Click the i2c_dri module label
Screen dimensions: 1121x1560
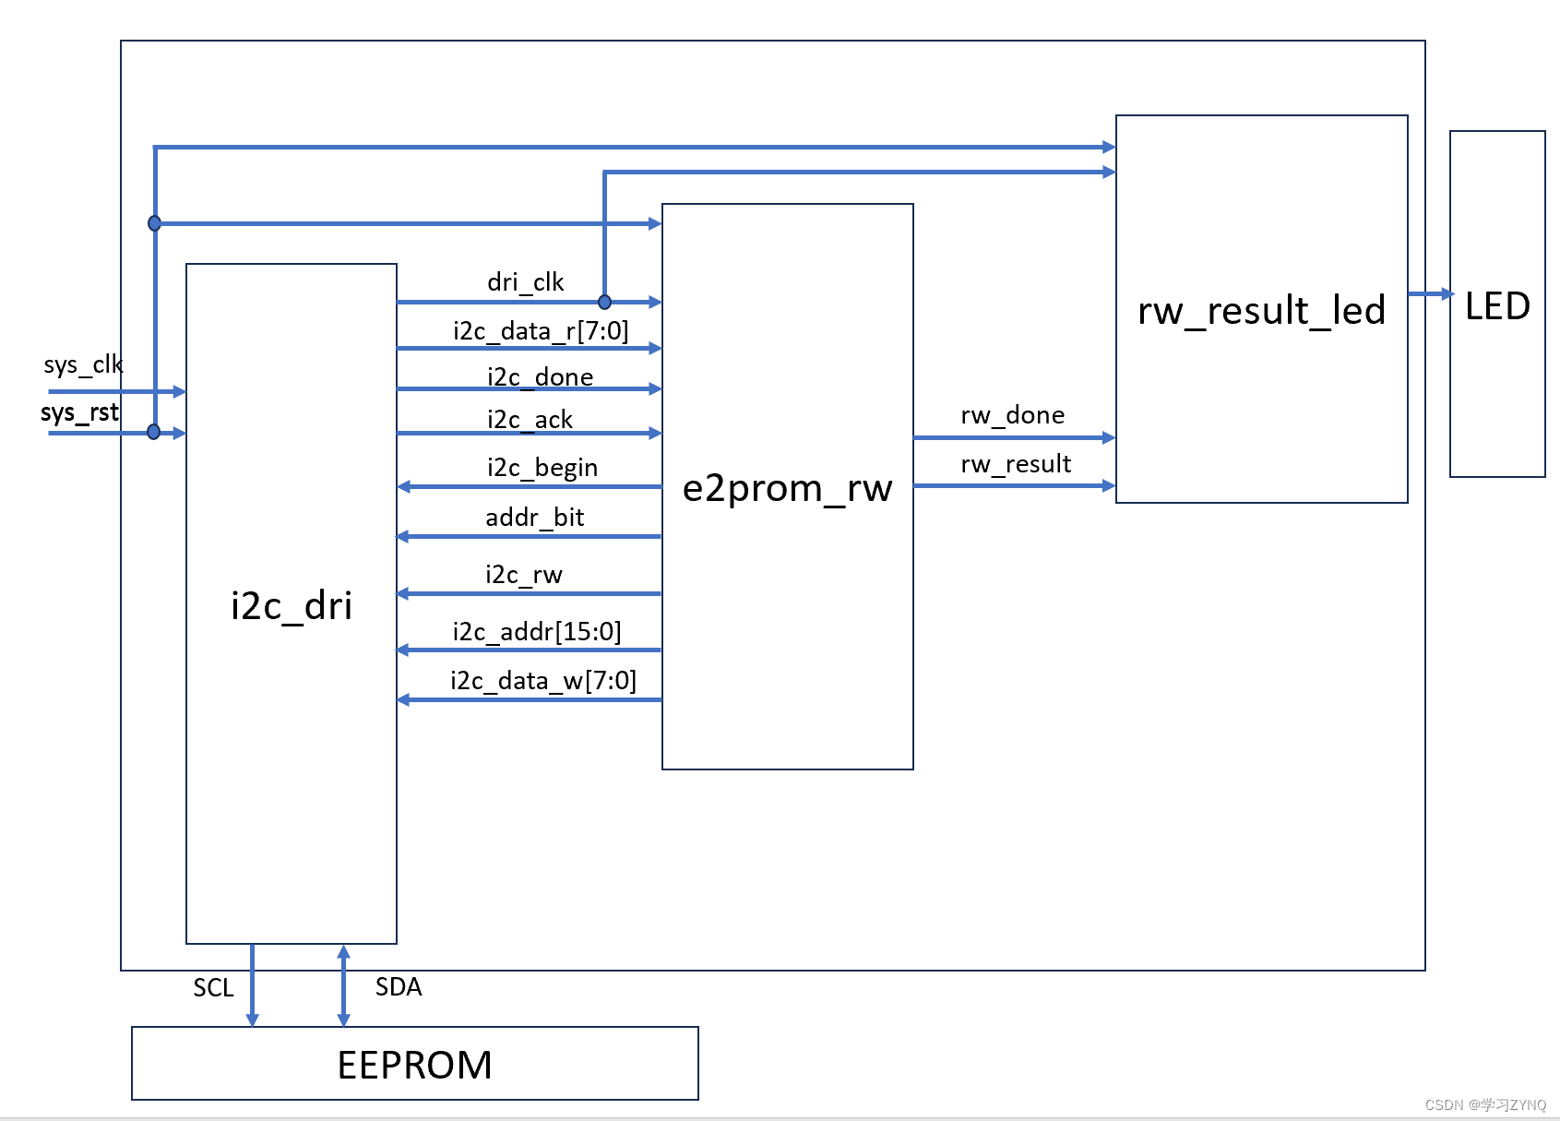(x=292, y=606)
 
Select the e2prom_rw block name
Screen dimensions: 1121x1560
(x=787, y=488)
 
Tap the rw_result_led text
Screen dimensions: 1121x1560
(x=1261, y=310)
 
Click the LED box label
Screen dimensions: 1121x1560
(x=1497, y=306)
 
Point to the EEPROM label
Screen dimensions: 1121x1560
(x=414, y=1065)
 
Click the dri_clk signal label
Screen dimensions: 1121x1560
(x=525, y=281)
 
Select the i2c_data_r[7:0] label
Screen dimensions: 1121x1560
(x=541, y=330)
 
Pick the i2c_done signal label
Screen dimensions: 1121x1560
(x=540, y=376)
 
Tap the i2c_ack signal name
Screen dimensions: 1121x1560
(x=530, y=419)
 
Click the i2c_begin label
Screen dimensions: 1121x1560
(x=542, y=467)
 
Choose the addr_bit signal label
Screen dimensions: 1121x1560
(x=535, y=517)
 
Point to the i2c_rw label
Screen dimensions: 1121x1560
(x=524, y=574)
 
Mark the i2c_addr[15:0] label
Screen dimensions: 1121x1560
(x=537, y=631)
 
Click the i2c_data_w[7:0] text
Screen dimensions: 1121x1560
(x=543, y=680)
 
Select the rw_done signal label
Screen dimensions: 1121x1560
(x=1012, y=415)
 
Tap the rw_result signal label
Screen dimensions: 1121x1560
(x=1016, y=463)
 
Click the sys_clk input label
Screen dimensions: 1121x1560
(x=83, y=364)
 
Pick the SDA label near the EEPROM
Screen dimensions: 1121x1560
(x=399, y=986)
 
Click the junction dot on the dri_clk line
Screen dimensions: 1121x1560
(x=604, y=302)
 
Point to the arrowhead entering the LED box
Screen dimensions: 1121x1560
(x=1447, y=293)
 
